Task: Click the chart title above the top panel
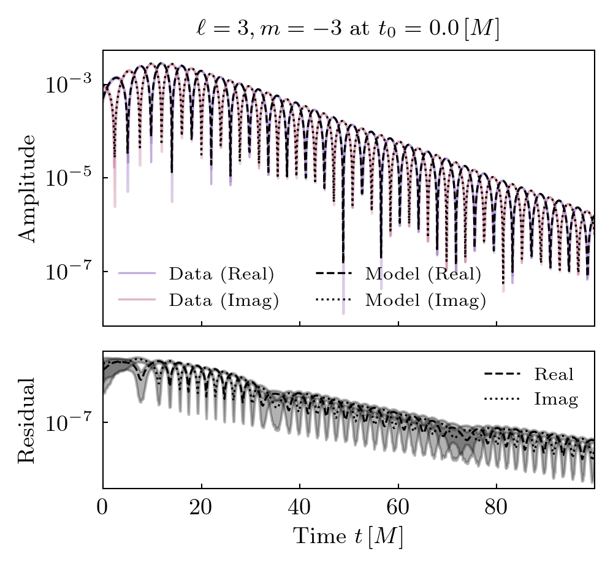coord(348,29)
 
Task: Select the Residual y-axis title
coord(27,420)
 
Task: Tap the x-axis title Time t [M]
coord(348,536)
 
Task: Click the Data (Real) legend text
coord(221,273)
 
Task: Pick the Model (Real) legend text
coord(423,273)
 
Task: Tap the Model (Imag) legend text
coord(425,300)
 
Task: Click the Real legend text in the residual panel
coord(554,374)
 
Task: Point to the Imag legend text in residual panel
coord(556,400)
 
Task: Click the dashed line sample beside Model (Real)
coord(332,273)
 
